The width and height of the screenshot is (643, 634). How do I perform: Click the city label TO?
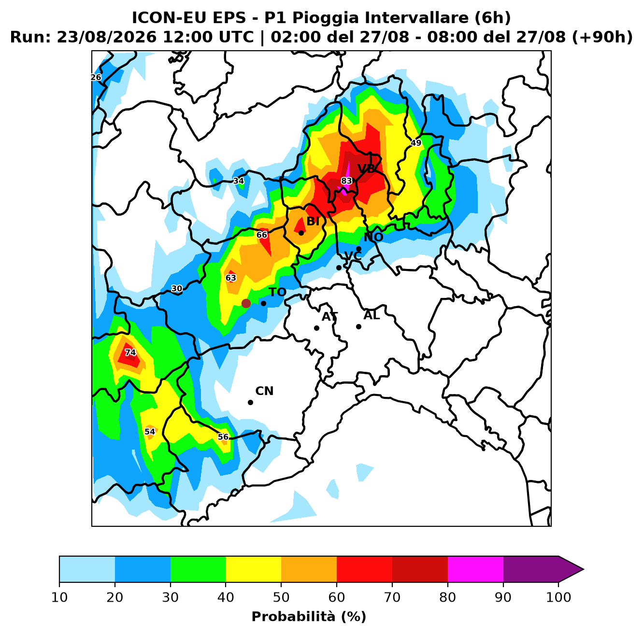pos(278,292)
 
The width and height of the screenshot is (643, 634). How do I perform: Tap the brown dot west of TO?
pos(246,303)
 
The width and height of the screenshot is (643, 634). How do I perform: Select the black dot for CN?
pos(250,402)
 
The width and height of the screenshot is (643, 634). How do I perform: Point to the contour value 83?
pos(346,181)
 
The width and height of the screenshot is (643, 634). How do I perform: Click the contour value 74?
pos(130,352)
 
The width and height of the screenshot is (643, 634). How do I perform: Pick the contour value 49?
pos(416,143)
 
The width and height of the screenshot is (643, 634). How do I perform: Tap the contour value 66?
pos(262,235)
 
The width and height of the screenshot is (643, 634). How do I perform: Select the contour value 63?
pos(231,278)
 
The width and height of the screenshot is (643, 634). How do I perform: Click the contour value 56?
pos(223,437)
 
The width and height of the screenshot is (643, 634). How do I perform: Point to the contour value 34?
pos(239,181)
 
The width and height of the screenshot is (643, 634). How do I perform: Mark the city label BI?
pos(313,221)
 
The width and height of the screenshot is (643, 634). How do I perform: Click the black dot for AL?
pos(358,327)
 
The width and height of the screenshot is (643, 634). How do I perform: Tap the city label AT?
pos(329,317)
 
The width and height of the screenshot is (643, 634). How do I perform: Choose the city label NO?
pos(373,237)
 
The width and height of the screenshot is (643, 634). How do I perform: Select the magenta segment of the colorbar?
pos(475,569)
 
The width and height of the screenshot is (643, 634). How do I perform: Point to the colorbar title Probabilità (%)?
pos(309,617)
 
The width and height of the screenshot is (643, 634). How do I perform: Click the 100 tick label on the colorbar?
pos(558,597)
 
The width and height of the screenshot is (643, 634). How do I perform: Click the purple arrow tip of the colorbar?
pos(583,569)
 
